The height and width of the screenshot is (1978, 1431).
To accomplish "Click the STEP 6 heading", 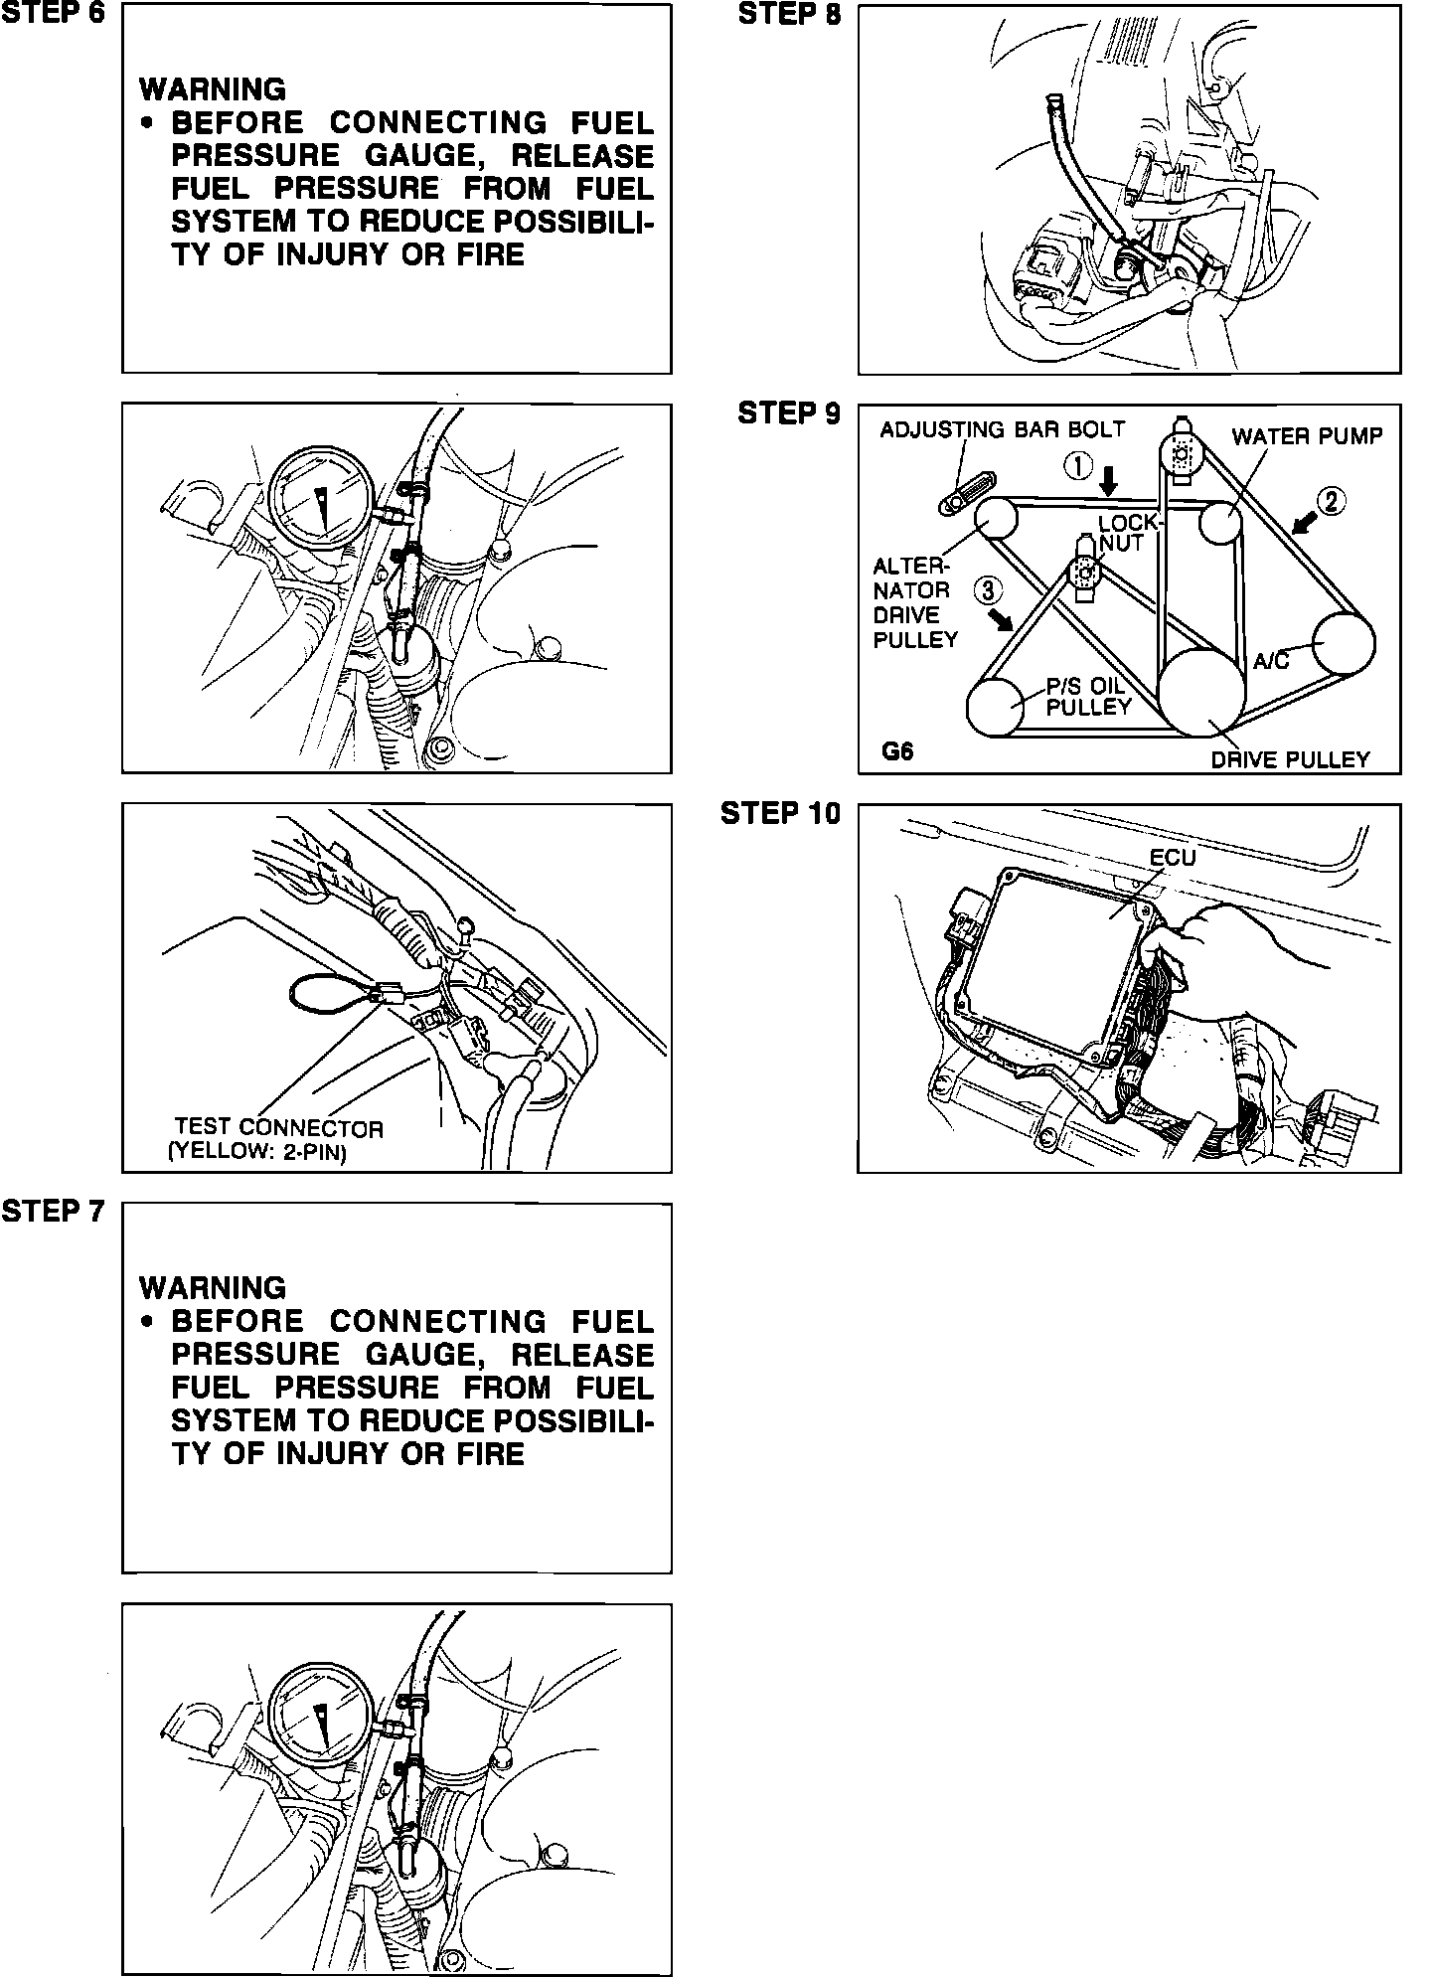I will pos(53,14).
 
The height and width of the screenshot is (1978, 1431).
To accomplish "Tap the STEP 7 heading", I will pos(53,1212).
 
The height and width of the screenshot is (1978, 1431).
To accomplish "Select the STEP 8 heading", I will pos(789,14).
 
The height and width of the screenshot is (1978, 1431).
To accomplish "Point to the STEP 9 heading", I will pos(789,413).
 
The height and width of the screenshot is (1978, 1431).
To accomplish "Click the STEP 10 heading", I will pos(780,813).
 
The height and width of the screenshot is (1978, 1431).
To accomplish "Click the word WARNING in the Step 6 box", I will pos(213,89).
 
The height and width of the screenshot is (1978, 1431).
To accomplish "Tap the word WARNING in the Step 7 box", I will pos(213,1288).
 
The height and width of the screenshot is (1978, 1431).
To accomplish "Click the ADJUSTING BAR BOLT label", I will pos(1002,429).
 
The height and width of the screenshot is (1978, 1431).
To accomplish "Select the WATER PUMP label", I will pos(1307,436).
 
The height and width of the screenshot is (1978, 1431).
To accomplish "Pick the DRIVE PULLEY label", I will pos(1290,759).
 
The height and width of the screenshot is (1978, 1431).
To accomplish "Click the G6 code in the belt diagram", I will pos(897,751).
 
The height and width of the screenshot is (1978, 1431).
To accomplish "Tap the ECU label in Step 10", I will pos(1173,857).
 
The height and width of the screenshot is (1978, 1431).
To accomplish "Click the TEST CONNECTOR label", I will pos(277,1127).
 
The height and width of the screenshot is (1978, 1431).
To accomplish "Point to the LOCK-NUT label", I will pos(1128,533).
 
